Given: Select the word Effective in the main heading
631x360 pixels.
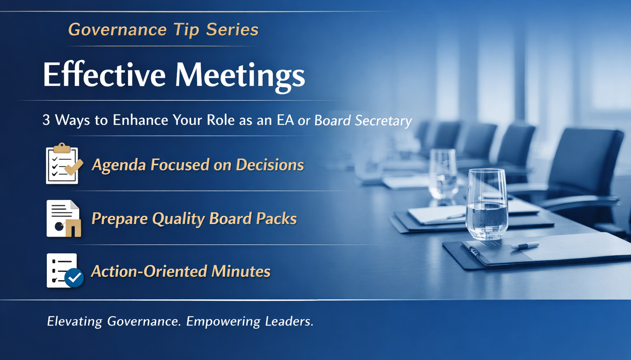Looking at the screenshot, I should click(x=104, y=75).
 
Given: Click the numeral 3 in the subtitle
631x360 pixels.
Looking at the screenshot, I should click(x=46, y=120).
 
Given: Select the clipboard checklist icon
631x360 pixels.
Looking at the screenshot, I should click(x=63, y=164).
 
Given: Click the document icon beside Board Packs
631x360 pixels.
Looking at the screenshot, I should click(x=63, y=218).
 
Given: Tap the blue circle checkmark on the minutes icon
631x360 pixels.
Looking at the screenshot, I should click(x=74, y=278).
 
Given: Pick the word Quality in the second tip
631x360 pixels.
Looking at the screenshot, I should click(x=178, y=219).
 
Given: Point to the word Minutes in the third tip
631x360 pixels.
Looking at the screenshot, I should click(x=241, y=271).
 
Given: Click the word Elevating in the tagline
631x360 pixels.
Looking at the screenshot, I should click(x=74, y=321).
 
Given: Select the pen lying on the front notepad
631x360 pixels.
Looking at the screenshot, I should click(x=525, y=246).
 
